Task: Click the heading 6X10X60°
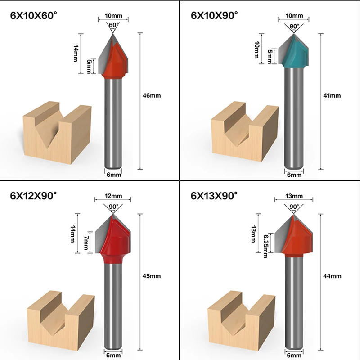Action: coord(35,16)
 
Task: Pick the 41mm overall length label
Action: coord(333,95)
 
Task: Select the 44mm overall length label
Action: coord(333,275)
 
